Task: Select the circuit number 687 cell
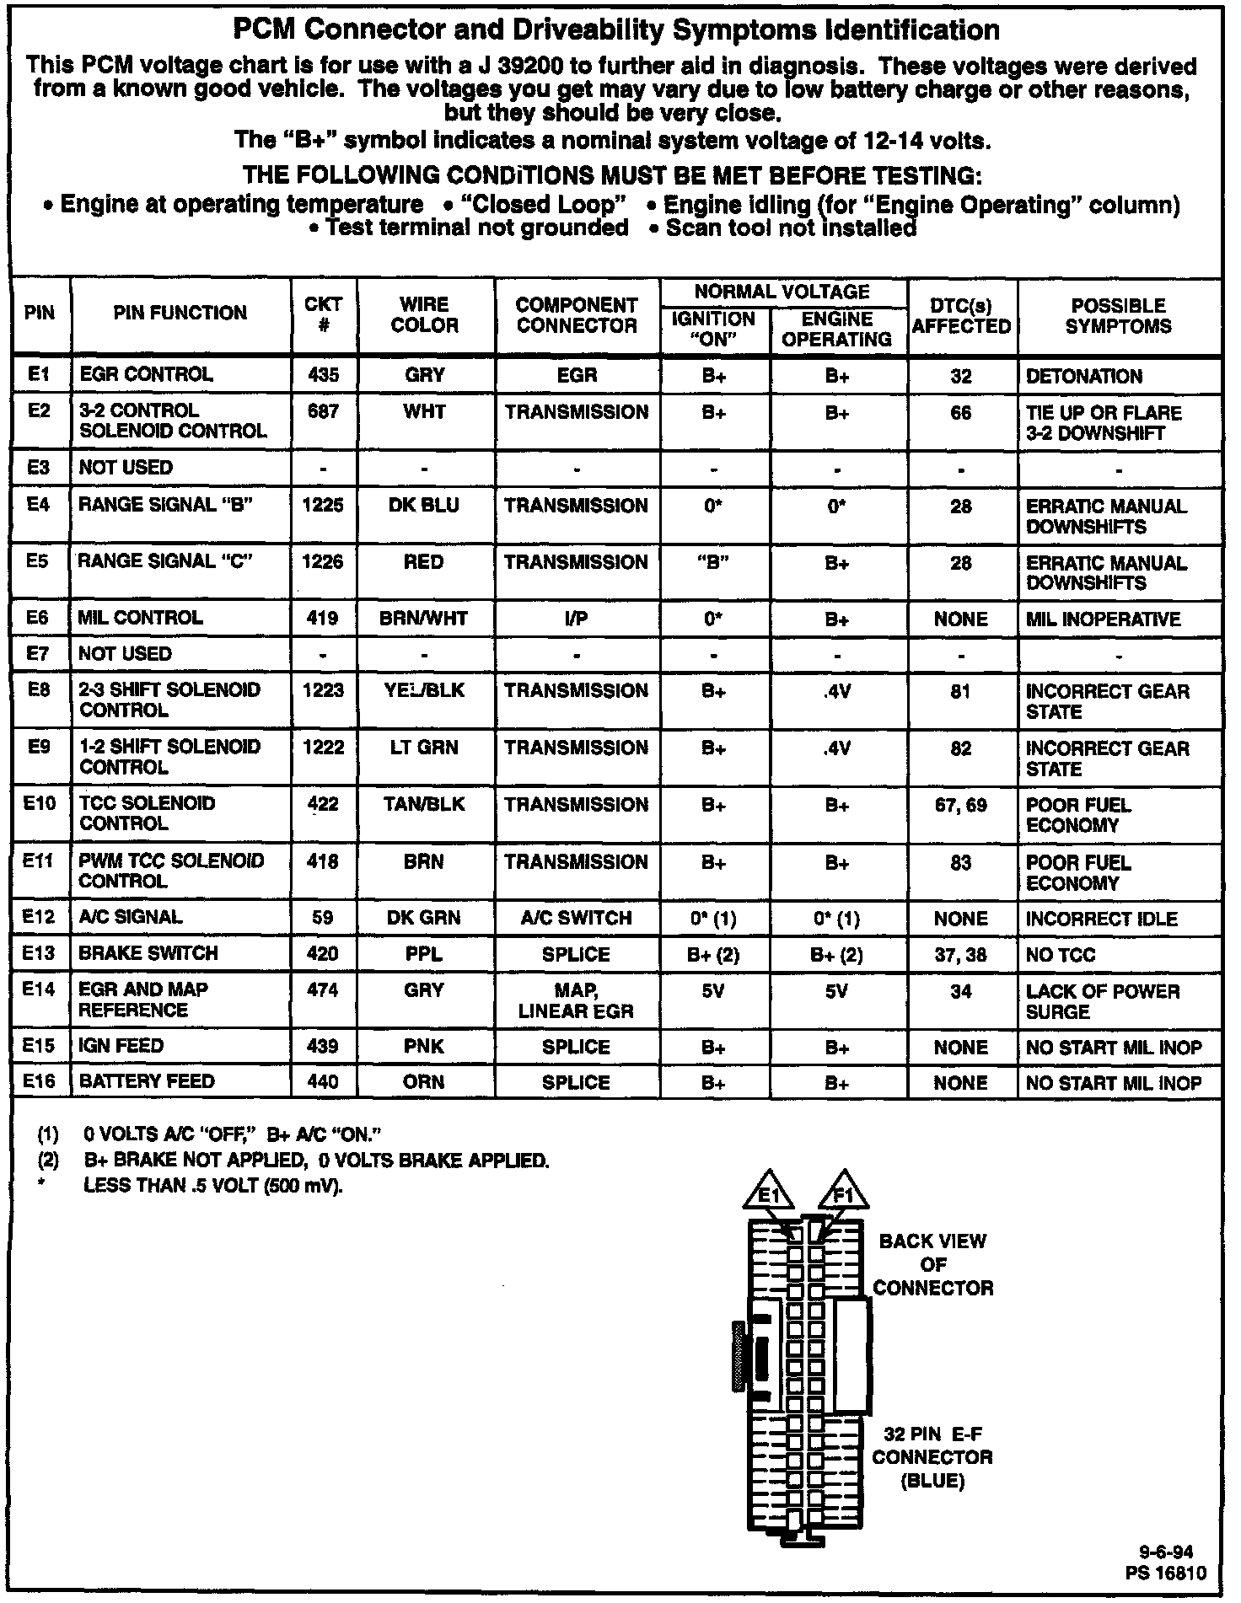[x=324, y=413]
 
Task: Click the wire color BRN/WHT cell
[x=424, y=619]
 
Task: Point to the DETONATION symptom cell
[x=1084, y=377]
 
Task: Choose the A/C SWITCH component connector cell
[x=577, y=918]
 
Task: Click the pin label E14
[x=39, y=990]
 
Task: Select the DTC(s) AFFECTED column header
[x=961, y=315]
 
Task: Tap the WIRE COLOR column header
[x=425, y=314]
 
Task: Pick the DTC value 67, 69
[x=961, y=806]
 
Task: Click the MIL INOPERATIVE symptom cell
[x=1103, y=619]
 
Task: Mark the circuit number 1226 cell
[x=324, y=562]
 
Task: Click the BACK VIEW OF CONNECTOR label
[x=932, y=1264]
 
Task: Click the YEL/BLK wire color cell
[x=424, y=691]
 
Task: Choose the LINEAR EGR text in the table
[x=576, y=1011]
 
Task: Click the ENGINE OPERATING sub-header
[x=837, y=329]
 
